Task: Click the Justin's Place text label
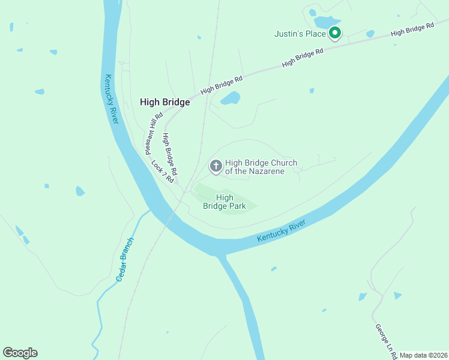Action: tap(300, 34)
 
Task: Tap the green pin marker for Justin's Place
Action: tap(335, 34)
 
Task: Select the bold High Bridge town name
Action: tap(164, 102)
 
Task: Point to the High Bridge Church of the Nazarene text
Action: tap(261, 167)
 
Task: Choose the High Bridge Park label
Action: tap(224, 202)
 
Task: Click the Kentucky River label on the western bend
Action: tap(112, 99)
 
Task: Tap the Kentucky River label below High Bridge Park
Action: tap(282, 231)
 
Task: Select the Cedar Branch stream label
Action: tap(125, 260)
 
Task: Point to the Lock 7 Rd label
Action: tap(163, 172)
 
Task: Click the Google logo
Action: tap(20, 353)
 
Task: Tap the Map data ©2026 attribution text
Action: tap(423, 355)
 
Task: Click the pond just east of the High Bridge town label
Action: tap(231, 98)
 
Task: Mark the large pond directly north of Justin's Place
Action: tap(327, 22)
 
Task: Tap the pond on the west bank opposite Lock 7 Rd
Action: tap(80, 191)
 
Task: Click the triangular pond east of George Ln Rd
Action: tap(397, 295)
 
